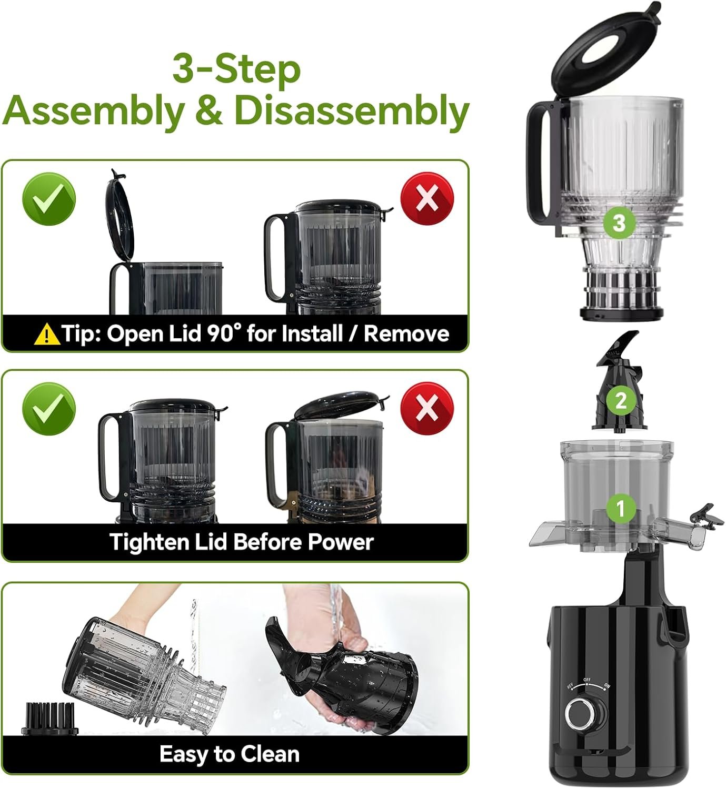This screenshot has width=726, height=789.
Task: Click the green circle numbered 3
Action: [619, 223]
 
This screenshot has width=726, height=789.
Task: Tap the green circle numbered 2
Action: [621, 401]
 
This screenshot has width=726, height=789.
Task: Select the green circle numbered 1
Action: [621, 508]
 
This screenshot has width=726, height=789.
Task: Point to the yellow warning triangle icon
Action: [47, 334]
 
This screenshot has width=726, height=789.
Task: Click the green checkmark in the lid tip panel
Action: [49, 199]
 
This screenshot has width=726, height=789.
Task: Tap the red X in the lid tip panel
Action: [427, 199]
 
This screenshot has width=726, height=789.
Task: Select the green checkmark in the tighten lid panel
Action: [49, 409]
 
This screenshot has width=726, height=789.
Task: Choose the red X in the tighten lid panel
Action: [427, 408]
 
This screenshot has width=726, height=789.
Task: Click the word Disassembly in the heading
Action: [352, 112]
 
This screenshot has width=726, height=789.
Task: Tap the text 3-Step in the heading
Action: [236, 70]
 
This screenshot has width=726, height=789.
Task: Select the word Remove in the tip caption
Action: [406, 333]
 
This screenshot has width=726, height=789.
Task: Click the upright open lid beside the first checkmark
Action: [120, 218]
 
